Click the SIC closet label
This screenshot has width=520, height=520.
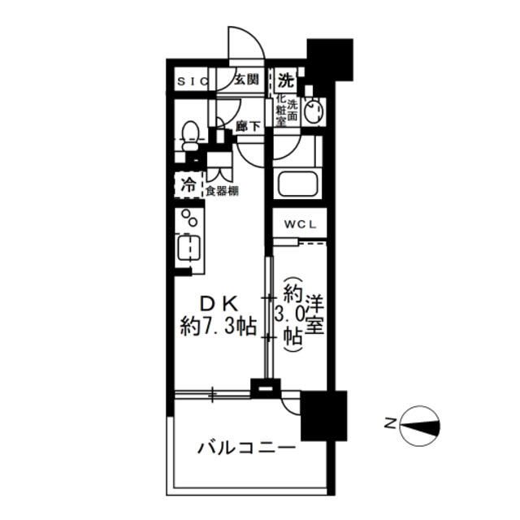coord(193,81)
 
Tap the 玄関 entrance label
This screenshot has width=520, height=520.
coord(246,80)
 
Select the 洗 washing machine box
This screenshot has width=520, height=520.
coord(286,80)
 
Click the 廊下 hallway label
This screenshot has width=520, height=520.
coord(248,126)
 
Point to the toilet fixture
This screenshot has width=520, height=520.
coord(190,136)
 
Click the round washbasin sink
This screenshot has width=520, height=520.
coord(312,112)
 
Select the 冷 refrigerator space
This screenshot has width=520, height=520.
coord(188,184)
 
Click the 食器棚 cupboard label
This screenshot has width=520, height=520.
coord(222,191)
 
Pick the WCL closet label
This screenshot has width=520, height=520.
coord(300,224)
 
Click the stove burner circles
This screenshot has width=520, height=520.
coord(189,218)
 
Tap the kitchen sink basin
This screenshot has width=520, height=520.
coord(188,247)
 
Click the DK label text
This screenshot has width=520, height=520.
coord(219,304)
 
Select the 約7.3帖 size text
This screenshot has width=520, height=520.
coord(219,327)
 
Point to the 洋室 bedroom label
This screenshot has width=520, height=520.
coord(314,314)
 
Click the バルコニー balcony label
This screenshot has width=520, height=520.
coord(246,448)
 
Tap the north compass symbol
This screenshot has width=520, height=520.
coord(420,426)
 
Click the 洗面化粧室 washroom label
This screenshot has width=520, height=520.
coord(287,110)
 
